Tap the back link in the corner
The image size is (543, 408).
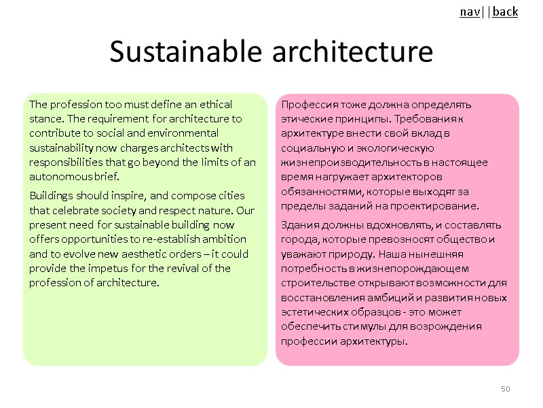505,12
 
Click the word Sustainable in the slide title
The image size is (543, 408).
180,52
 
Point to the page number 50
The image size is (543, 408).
505,388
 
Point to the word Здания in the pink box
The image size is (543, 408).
301,224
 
